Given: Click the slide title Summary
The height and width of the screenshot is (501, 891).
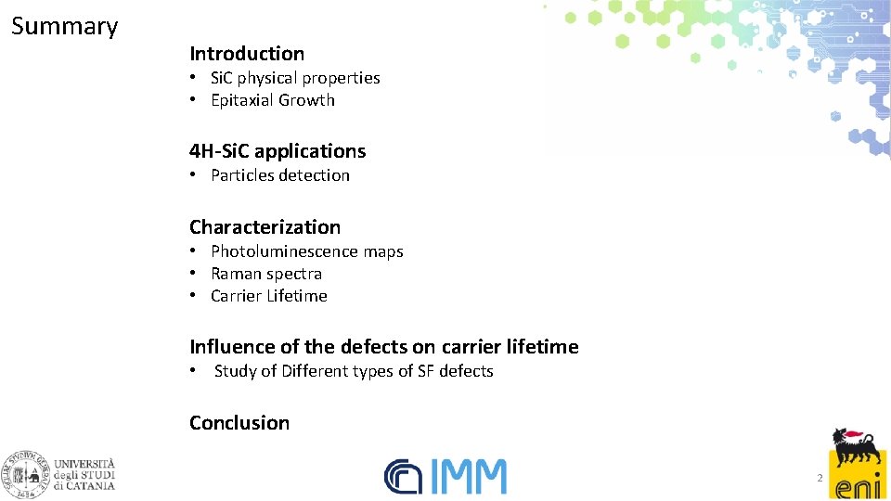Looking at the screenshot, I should pos(64,26).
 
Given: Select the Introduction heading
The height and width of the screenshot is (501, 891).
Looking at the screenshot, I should pos(247,54).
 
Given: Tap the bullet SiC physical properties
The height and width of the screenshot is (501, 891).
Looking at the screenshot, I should pos(294,78).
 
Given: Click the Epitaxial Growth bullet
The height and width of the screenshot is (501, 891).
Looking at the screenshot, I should pos(272,100).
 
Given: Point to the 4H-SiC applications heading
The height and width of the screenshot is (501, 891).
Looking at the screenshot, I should pos(278,150).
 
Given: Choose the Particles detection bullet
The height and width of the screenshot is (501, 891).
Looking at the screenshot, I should pos(279,175).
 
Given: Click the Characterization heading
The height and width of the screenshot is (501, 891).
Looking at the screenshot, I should pos(265,226).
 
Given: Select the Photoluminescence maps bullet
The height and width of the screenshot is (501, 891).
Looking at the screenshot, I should pos(306,251).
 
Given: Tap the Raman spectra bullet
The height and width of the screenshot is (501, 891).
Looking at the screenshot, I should pos(265,274).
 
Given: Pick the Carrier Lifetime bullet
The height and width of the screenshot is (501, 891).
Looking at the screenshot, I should pos(268,296).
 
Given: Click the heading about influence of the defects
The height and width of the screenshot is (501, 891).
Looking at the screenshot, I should pos(383,347).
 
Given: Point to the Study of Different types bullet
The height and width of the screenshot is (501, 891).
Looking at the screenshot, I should pos(353,371).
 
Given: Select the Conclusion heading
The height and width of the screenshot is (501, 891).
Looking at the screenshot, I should pos(239,423).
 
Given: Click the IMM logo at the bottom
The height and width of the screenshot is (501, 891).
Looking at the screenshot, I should pos(446,476).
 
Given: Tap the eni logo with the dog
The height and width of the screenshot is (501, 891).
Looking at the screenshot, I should pos(859,464).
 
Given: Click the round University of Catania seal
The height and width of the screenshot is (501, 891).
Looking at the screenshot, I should pos(26,474).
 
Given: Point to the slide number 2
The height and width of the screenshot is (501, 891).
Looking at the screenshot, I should pos(820,478).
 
